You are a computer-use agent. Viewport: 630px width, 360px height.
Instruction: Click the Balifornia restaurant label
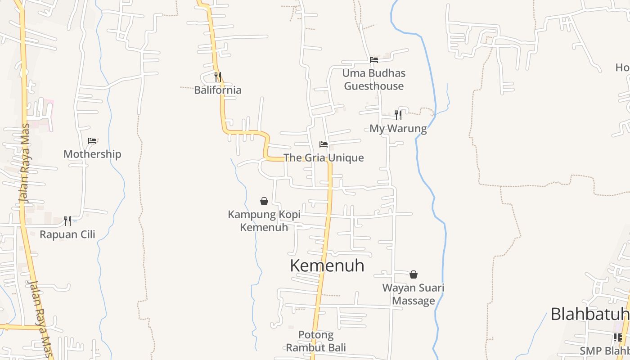(x=218, y=90)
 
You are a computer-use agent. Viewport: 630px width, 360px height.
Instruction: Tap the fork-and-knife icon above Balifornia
(x=218, y=77)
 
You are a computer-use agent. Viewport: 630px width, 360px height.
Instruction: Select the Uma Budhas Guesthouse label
(x=374, y=80)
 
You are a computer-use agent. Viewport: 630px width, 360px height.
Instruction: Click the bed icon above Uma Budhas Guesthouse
(x=374, y=60)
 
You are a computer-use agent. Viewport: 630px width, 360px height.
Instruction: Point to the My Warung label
(x=398, y=129)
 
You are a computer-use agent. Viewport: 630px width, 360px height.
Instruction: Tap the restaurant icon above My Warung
(x=398, y=115)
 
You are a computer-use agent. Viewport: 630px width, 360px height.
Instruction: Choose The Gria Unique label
(x=324, y=157)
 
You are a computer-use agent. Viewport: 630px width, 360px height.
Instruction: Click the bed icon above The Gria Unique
(x=324, y=144)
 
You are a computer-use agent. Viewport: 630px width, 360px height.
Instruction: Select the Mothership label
(x=92, y=154)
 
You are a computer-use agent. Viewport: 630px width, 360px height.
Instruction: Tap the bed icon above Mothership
(x=92, y=141)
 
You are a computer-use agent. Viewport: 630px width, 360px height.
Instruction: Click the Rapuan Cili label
(x=67, y=234)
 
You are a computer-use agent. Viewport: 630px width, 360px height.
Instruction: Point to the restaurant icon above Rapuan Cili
(x=67, y=221)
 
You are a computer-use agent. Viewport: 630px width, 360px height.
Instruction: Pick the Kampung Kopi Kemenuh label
(x=264, y=220)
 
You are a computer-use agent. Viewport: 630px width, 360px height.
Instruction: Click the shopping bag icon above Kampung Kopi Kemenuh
(x=264, y=201)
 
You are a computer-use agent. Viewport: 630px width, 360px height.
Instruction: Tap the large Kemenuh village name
(x=327, y=265)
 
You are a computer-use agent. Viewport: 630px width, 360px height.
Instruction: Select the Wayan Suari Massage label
(x=413, y=294)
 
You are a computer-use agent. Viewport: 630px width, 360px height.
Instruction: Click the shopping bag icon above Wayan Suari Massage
(x=414, y=274)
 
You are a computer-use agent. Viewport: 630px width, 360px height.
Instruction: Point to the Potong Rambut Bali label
(x=316, y=341)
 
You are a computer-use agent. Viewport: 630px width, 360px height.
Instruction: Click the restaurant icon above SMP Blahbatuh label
(x=617, y=337)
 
